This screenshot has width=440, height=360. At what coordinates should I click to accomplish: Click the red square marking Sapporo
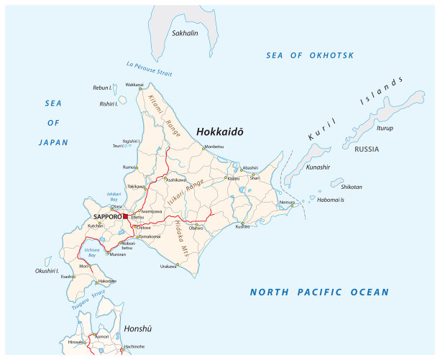click(125, 216)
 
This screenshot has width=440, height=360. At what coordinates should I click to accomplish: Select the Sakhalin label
click(185, 33)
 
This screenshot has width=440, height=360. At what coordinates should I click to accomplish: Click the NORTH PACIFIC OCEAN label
click(319, 292)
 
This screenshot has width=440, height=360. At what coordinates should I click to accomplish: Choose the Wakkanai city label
click(134, 85)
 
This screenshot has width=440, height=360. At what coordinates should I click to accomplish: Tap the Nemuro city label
click(287, 203)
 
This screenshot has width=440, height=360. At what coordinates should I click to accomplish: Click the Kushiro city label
click(243, 227)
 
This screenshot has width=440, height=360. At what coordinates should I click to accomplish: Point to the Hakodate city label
click(106, 280)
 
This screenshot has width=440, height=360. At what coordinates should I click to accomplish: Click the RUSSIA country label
click(366, 149)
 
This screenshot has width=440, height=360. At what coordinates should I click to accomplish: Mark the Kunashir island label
click(318, 167)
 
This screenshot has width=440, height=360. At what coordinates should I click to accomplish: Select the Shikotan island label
click(352, 187)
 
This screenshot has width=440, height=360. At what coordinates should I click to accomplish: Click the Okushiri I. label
click(47, 271)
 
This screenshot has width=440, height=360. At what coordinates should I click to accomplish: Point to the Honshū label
click(139, 328)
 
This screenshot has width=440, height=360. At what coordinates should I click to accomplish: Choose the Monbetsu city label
click(214, 147)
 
